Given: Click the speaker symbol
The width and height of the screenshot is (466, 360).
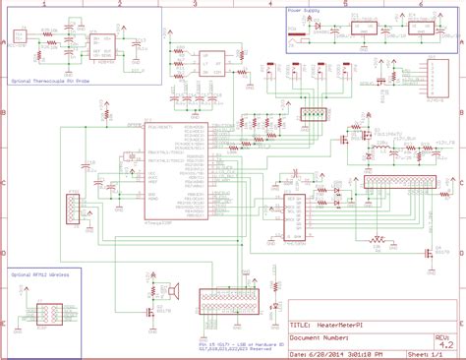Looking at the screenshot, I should pos(178,291).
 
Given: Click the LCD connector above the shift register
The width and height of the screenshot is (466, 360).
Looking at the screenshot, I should pos(403,183).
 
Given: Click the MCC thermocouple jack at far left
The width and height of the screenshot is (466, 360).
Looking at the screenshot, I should pos(19,39).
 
